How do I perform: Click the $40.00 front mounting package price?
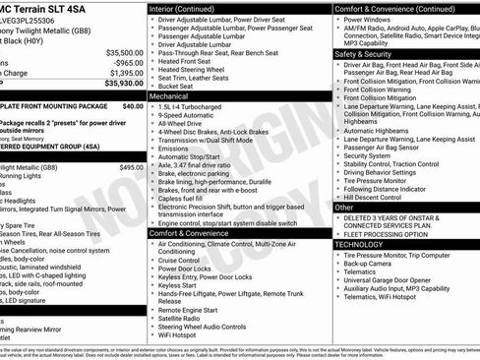[x=132, y=105]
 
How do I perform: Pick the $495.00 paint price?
[x=131, y=167]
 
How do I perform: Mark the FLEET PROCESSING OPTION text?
[x=385, y=234]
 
